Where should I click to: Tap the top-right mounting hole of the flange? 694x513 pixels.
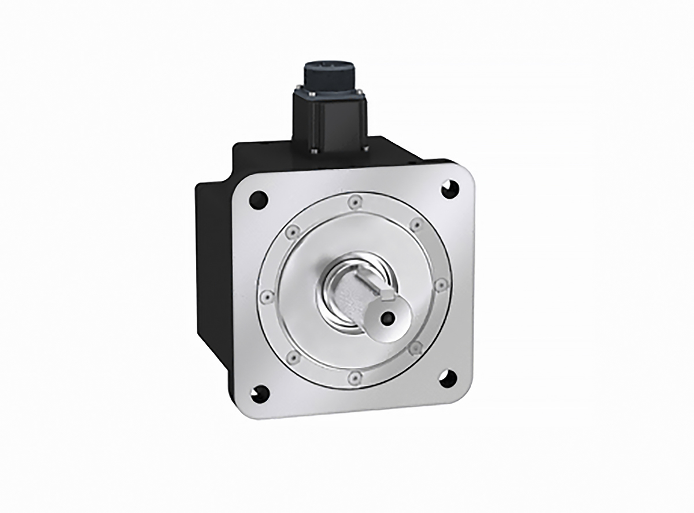point(449,188)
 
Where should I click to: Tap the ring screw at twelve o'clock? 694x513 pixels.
point(353,202)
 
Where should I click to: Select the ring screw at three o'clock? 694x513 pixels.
point(440,284)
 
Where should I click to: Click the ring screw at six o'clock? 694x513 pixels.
point(354,377)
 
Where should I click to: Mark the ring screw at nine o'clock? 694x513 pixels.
point(265,296)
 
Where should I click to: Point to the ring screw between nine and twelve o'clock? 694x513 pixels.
point(291,231)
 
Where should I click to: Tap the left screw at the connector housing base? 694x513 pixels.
point(314,152)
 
